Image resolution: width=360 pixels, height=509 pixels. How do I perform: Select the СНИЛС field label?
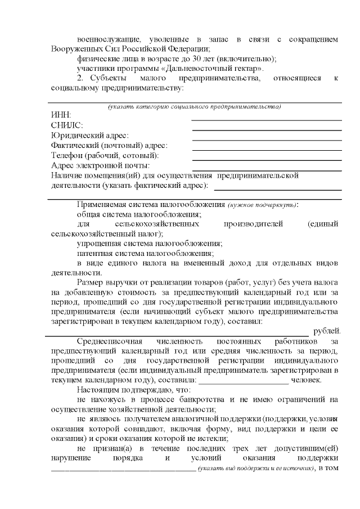67,125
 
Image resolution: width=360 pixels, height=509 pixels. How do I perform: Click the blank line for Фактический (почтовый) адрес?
267,150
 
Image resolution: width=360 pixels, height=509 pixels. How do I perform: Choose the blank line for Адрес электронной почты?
267,170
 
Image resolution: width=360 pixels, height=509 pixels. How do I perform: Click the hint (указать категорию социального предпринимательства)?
194,107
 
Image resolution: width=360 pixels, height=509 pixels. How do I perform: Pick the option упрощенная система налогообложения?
150,244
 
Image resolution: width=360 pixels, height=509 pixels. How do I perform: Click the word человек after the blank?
306,380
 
